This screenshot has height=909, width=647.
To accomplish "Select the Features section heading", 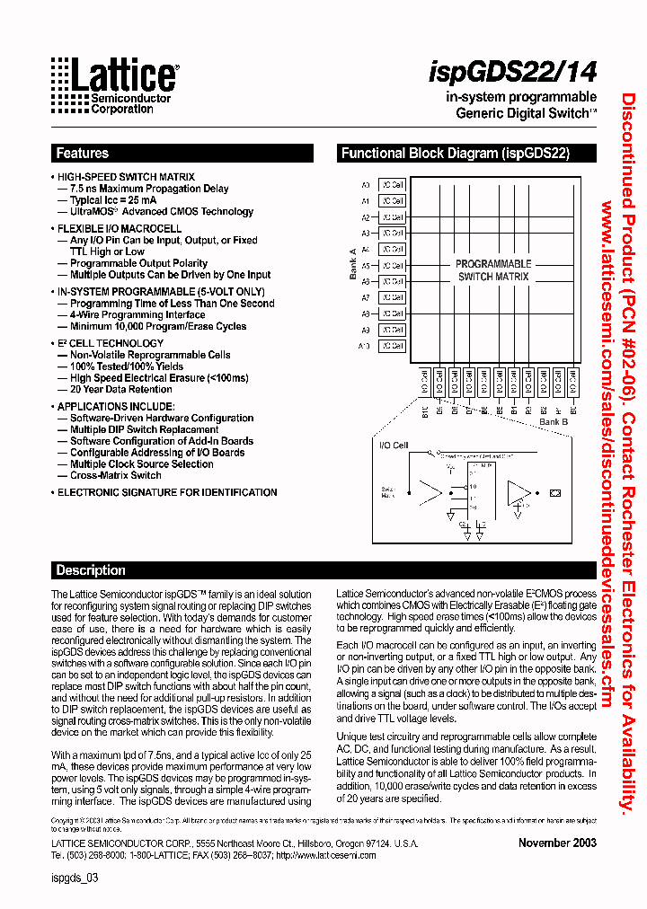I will point(82,154).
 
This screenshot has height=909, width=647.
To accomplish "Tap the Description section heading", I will point(91,570).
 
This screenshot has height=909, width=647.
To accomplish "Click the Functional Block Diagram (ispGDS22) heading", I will point(455,154).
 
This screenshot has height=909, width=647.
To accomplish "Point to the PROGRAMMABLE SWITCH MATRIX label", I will point(493,270).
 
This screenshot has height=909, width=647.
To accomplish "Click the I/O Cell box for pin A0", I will point(392,185).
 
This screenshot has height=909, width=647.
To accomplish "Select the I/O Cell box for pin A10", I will point(392,346).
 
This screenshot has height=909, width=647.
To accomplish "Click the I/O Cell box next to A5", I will point(392,266).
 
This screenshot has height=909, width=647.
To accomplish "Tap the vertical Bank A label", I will point(353,264).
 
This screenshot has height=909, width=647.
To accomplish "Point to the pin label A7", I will point(366,297).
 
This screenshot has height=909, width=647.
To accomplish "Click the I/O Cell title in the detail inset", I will point(394,446).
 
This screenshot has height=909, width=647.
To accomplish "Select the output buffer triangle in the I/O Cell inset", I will point(519,491).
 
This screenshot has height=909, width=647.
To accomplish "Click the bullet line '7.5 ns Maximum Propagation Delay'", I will point(149,190).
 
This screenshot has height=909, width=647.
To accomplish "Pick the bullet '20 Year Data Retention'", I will point(121,390).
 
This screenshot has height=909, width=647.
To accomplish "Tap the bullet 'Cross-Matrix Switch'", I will point(116,475).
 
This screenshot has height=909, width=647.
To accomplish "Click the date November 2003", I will point(556,843).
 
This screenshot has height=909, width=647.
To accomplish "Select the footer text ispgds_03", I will point(74,880).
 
